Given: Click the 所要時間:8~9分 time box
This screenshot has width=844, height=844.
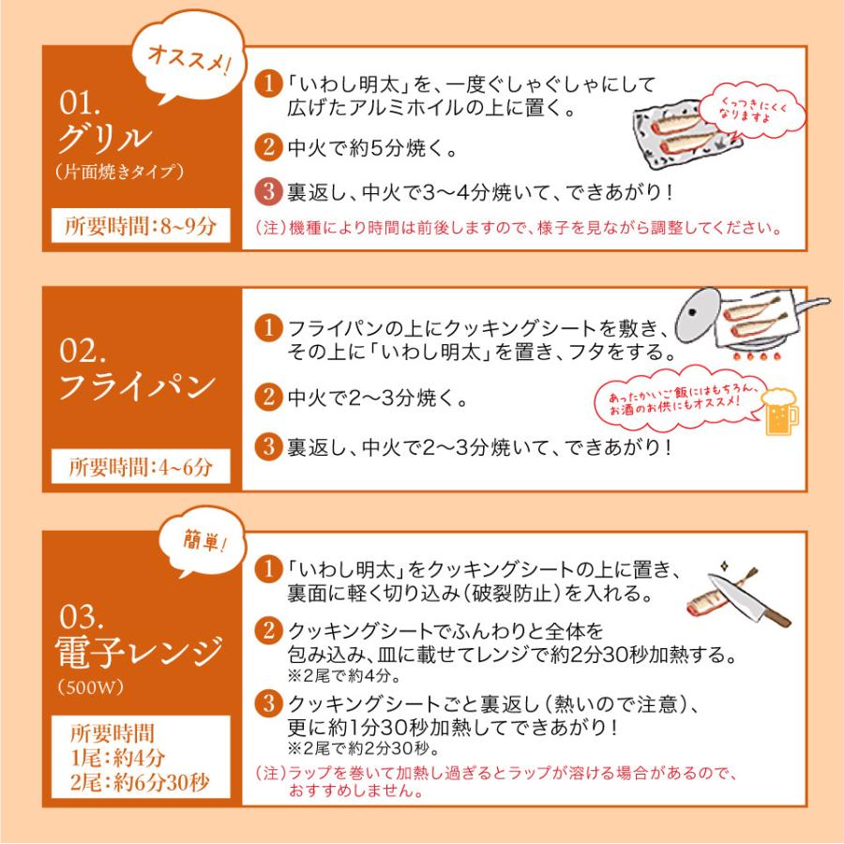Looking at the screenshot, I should click(141, 226).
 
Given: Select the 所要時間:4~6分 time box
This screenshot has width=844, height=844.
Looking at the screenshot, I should click(141, 467).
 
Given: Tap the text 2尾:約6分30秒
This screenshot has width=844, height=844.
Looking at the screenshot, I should click(141, 778).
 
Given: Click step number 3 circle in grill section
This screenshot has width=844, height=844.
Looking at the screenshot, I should click(268, 192).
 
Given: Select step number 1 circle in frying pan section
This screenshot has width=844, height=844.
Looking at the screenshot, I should click(268, 330).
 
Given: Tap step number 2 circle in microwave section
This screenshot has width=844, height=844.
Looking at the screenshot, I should click(268, 629).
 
